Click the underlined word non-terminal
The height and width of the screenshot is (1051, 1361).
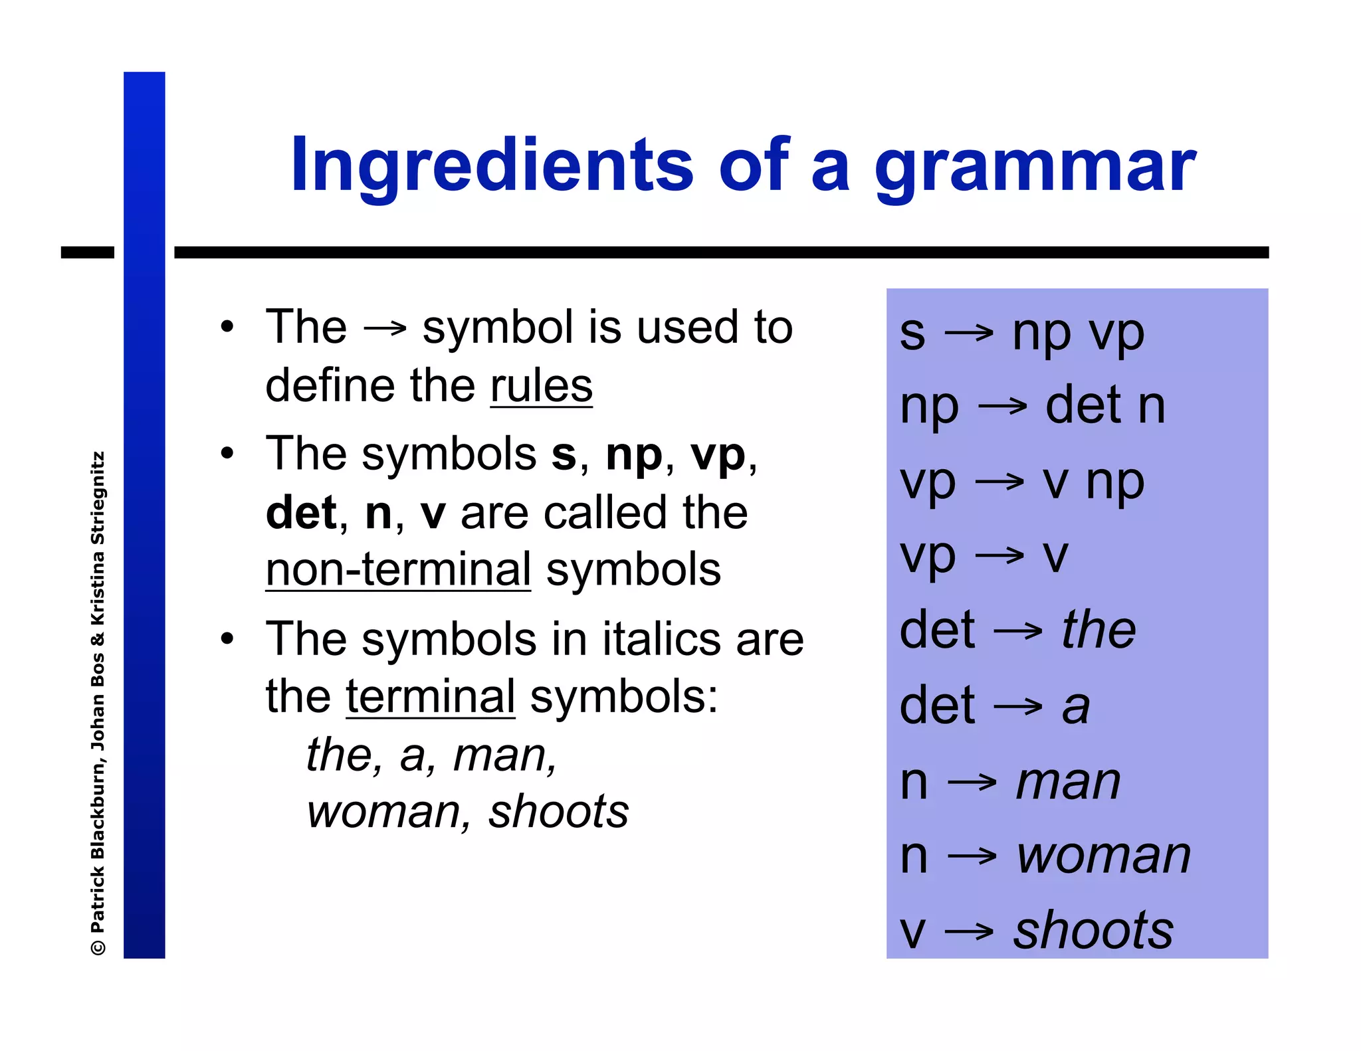click(398, 570)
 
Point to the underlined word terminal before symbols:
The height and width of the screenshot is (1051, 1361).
click(431, 697)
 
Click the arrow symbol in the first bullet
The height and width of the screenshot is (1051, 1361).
click(385, 328)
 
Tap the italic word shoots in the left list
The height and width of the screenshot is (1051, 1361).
click(558, 812)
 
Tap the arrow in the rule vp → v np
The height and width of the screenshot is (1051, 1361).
click(999, 481)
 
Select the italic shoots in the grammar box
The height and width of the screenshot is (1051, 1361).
click(1093, 930)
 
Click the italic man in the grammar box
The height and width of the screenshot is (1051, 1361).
click(1069, 781)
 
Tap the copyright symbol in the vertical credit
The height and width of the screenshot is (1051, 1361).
click(98, 946)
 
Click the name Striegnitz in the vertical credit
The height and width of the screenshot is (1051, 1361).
click(98, 498)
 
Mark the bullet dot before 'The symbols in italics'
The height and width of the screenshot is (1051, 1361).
click(228, 639)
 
